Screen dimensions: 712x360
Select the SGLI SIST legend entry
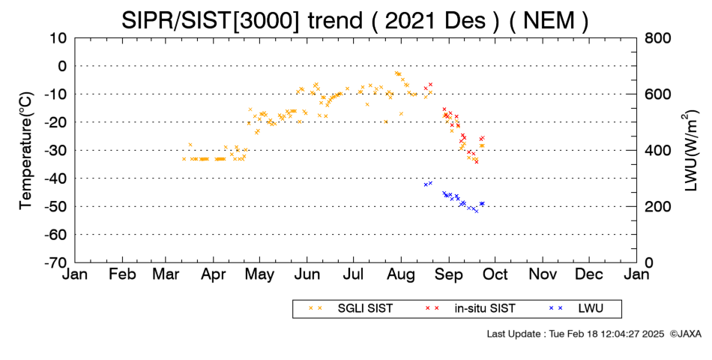pos(351,309)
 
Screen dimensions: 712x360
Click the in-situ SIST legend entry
pos(470,309)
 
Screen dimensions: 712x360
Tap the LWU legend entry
pos(576,309)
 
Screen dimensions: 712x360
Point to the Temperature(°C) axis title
pos(26,151)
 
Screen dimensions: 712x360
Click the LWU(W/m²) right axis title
pos(690,151)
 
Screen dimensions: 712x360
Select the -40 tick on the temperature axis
pos(56,178)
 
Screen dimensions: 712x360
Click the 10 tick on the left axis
pos(58,38)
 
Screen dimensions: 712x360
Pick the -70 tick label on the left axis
pos(56,262)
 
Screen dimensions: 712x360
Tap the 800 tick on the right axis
pos(657,38)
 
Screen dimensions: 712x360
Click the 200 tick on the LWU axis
pos(657,207)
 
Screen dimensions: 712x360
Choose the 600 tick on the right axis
pos(657,94)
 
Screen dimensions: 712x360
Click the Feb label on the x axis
pos(122,274)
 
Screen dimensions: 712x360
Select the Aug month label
pos(401,275)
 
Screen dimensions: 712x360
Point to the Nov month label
pos(543,274)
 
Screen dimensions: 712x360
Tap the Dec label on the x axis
pos(589,274)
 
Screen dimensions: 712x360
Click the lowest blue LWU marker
pos(477,211)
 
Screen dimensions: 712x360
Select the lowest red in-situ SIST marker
pos(477,162)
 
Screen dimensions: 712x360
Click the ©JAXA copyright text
pos(685,334)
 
